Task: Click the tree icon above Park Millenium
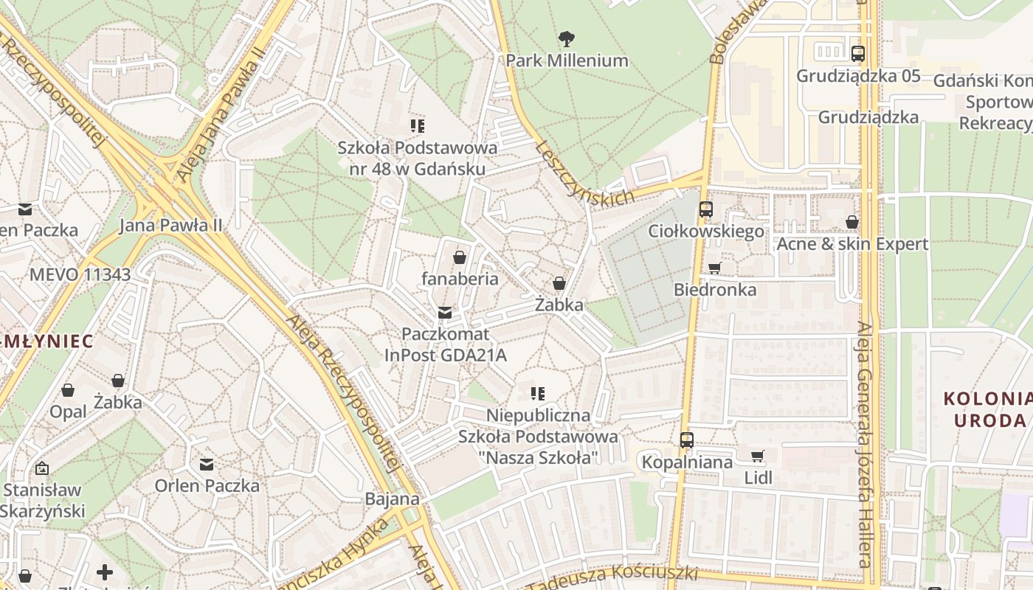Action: point(567,38)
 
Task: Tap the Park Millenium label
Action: point(567,60)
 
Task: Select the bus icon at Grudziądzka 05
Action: point(857,53)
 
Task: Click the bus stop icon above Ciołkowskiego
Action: point(705,209)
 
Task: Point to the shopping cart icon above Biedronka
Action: point(714,268)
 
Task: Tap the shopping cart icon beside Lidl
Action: point(757,456)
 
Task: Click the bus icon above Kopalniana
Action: point(687,440)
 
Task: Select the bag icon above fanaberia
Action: point(460,257)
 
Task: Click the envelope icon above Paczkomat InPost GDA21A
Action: point(445,313)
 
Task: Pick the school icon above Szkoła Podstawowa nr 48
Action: point(418,126)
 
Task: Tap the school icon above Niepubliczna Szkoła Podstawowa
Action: point(538,394)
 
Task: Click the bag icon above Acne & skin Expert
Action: point(852,222)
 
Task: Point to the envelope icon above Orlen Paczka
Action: point(207,465)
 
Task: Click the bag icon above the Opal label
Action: point(68,390)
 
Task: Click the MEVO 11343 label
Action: point(80,275)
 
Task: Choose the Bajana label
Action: point(392,499)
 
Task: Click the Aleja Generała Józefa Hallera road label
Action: point(864,442)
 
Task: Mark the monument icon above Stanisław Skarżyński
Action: point(42,468)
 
